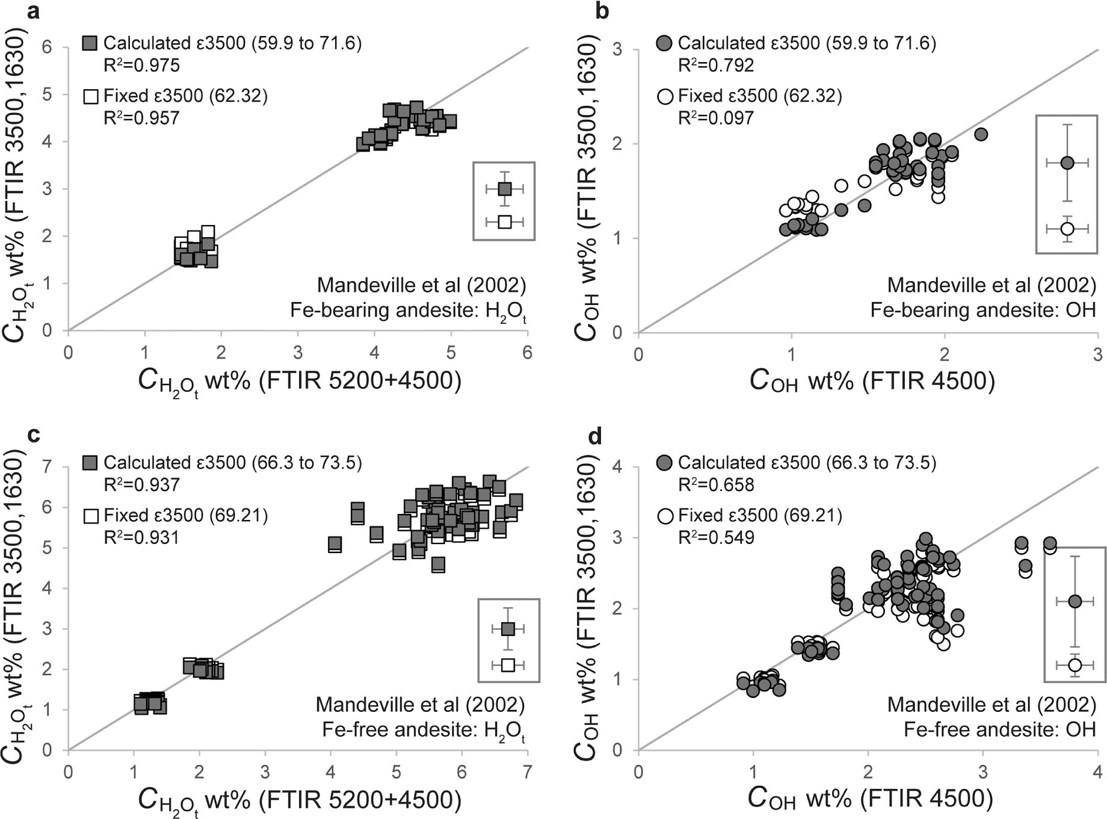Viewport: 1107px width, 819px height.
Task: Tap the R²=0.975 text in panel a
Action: click(141, 65)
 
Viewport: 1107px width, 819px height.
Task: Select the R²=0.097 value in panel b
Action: click(716, 118)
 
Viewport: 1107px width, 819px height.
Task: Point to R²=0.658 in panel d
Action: click(716, 484)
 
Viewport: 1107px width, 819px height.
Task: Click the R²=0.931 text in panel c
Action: click(141, 537)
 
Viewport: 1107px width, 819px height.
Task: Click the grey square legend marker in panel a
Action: click(91, 43)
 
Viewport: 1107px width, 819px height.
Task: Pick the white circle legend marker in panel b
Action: click(665, 96)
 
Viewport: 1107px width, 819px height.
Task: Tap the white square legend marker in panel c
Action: click(91, 516)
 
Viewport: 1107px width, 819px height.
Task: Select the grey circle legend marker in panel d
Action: click(665, 463)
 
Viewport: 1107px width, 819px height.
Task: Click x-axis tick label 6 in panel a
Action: click(527, 353)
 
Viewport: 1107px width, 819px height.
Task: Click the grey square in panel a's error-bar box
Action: click(505, 189)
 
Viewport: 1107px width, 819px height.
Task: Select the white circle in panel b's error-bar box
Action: click(1067, 229)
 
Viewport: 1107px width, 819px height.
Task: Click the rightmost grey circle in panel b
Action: click(981, 134)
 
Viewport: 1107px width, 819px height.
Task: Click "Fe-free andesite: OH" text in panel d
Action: click(999, 730)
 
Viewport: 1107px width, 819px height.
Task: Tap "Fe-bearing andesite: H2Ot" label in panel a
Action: click(408, 311)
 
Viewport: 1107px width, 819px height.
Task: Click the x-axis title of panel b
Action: click(872, 381)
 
